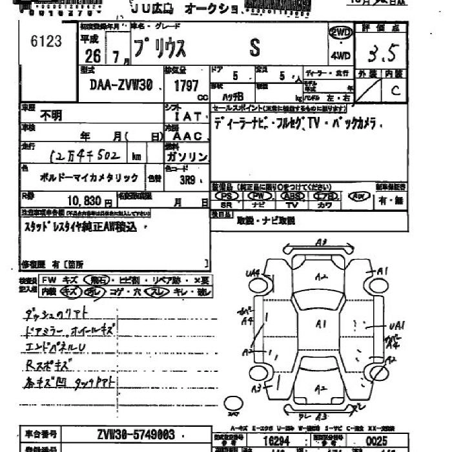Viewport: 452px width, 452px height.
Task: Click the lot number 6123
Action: pos(46,41)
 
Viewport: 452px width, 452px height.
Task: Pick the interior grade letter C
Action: pos(395,90)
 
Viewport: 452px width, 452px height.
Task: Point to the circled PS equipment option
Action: pos(225,196)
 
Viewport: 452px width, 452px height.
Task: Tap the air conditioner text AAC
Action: pos(188,136)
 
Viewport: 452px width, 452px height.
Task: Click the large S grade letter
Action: pos(255,46)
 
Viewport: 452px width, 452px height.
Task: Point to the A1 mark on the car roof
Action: pos(321,322)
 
